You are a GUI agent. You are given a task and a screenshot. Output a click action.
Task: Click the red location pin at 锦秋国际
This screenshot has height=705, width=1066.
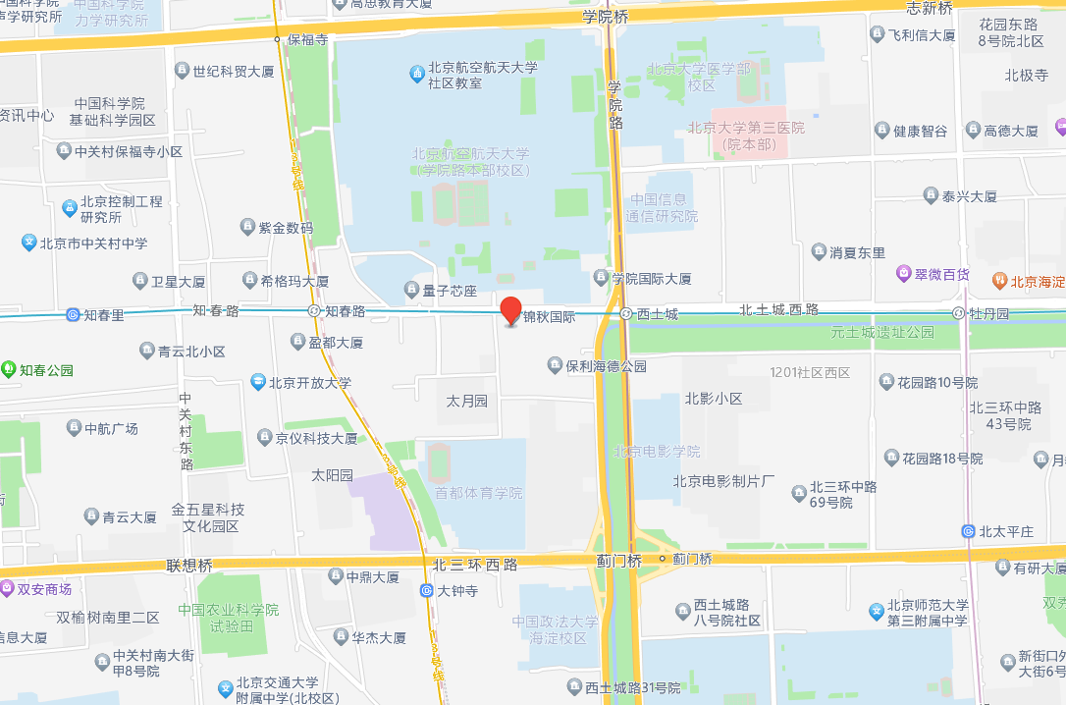[x=510, y=310]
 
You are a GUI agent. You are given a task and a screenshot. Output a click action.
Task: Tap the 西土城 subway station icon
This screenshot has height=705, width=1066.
[x=625, y=314]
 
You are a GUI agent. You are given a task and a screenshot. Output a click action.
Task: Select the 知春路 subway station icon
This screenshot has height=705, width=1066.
[x=314, y=310]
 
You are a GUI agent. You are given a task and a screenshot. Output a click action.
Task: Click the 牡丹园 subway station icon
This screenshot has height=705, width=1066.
[x=958, y=313]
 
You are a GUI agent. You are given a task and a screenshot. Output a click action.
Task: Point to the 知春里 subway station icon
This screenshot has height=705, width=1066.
[x=73, y=315]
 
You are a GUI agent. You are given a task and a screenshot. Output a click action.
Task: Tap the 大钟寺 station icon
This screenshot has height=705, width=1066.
[x=426, y=590]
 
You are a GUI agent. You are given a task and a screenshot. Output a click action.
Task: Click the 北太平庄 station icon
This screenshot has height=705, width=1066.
[x=968, y=531]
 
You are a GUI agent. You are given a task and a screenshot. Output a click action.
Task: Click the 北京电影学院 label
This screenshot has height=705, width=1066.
[x=657, y=452]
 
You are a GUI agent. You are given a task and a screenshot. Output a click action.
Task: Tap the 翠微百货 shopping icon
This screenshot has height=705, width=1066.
[x=903, y=273]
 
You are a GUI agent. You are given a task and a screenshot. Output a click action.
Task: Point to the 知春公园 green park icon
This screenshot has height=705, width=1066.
[x=9, y=369]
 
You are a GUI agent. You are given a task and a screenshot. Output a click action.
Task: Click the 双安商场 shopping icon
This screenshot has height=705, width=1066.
[x=8, y=589]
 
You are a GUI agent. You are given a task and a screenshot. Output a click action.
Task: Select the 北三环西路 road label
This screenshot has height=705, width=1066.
[x=475, y=565]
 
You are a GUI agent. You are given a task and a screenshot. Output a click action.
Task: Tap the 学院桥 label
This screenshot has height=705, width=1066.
[x=605, y=16]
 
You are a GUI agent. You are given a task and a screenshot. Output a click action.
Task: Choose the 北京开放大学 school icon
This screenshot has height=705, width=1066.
[x=257, y=382]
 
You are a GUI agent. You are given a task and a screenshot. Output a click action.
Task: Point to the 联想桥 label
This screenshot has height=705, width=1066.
[x=189, y=566]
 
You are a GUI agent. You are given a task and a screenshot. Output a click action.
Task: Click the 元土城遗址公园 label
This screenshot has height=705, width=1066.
[x=881, y=333]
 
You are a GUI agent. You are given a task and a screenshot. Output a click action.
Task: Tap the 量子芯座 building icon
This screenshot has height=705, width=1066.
[x=412, y=291]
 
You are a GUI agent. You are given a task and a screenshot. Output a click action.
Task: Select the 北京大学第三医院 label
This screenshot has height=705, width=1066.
[x=746, y=136]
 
